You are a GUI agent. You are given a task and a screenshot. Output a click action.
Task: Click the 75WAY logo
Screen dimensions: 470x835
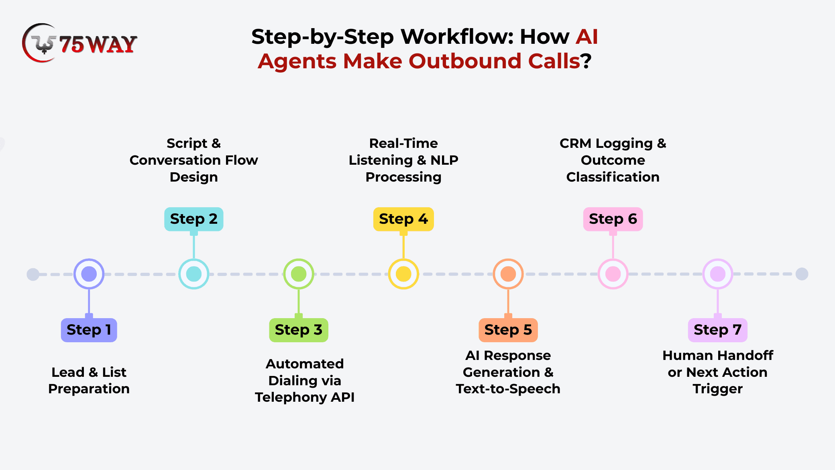tap(79, 43)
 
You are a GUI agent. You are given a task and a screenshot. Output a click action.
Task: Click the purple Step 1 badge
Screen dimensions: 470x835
tap(89, 330)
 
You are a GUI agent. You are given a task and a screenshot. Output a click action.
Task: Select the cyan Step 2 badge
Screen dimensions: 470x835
tap(193, 219)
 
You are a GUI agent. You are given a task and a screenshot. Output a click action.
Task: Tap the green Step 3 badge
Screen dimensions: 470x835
tap(298, 330)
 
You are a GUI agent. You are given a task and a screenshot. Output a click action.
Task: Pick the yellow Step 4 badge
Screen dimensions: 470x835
tap(403, 219)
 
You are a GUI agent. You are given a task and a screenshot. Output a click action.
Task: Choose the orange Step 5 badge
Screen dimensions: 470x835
tap(508, 330)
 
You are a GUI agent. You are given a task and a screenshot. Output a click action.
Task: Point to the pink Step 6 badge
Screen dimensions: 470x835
tap(613, 219)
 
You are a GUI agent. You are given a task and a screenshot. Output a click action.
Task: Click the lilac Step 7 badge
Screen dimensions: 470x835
tap(717, 330)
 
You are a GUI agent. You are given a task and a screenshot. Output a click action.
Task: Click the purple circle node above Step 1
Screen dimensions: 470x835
tap(89, 274)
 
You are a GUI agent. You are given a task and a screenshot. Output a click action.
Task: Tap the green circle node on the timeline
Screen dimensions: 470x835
tap(298, 274)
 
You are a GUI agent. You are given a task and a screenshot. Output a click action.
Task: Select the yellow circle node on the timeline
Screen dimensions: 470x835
tap(403, 274)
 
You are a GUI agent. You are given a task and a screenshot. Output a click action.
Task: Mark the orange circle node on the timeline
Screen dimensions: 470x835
tap(508, 274)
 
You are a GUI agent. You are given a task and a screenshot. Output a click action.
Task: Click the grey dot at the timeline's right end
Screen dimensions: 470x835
tap(802, 274)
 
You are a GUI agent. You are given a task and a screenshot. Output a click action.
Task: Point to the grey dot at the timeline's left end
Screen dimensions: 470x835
tap(33, 274)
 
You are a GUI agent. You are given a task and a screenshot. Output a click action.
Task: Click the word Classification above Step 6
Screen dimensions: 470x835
tap(613, 177)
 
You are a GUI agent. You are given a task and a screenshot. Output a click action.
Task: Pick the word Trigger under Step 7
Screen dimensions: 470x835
tap(717, 389)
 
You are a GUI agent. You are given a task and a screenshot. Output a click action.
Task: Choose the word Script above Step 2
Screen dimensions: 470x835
tap(187, 143)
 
